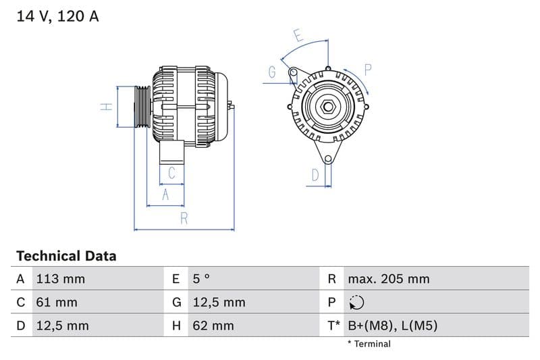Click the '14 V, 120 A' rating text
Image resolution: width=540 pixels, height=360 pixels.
(x=57, y=16)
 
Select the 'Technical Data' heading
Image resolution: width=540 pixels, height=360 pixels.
(x=66, y=256)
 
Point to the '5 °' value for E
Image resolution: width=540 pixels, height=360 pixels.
(x=201, y=279)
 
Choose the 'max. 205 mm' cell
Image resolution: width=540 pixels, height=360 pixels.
(x=388, y=279)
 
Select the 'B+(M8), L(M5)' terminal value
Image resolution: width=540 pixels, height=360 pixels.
(x=392, y=326)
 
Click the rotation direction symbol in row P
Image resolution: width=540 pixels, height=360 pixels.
(x=357, y=303)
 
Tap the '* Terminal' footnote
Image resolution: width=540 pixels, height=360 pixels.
(x=369, y=344)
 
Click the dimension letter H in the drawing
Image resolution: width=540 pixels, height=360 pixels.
(x=105, y=107)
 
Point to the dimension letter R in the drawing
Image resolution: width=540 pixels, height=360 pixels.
(x=184, y=217)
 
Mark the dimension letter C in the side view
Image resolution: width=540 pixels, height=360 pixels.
(x=171, y=173)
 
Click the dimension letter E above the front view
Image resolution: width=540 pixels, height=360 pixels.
(x=298, y=35)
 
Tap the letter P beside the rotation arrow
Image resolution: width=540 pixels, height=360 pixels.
(x=368, y=69)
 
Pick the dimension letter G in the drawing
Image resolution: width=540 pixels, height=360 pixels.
(x=272, y=72)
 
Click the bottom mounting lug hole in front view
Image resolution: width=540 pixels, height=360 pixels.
(x=328, y=159)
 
